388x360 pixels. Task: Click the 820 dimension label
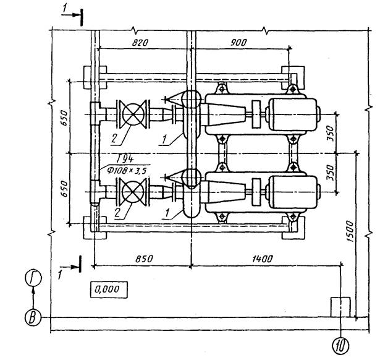tap(140, 43)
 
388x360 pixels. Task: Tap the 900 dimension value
tap(238, 43)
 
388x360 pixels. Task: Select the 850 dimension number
tap(144, 259)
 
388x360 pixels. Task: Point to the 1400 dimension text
tap(263, 259)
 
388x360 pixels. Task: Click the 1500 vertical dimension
tap(350, 231)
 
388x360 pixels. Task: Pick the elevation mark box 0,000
tap(109, 289)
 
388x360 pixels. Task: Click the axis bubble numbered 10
tap(341, 345)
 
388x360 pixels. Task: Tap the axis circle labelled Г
tap(33, 278)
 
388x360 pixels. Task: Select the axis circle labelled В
tap(33, 318)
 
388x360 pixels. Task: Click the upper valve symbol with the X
tap(133, 114)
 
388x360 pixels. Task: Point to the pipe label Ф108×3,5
tap(127, 170)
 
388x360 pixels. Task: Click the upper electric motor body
tap(293, 114)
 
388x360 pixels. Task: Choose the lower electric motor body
tap(293, 192)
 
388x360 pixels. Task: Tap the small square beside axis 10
tap(341, 307)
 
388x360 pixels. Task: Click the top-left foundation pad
tap(95, 77)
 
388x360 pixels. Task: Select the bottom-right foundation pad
tap(293, 228)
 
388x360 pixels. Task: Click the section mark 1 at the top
tap(65, 9)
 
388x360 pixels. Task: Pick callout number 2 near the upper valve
tap(114, 139)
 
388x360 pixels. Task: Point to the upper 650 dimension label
tap(64, 118)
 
